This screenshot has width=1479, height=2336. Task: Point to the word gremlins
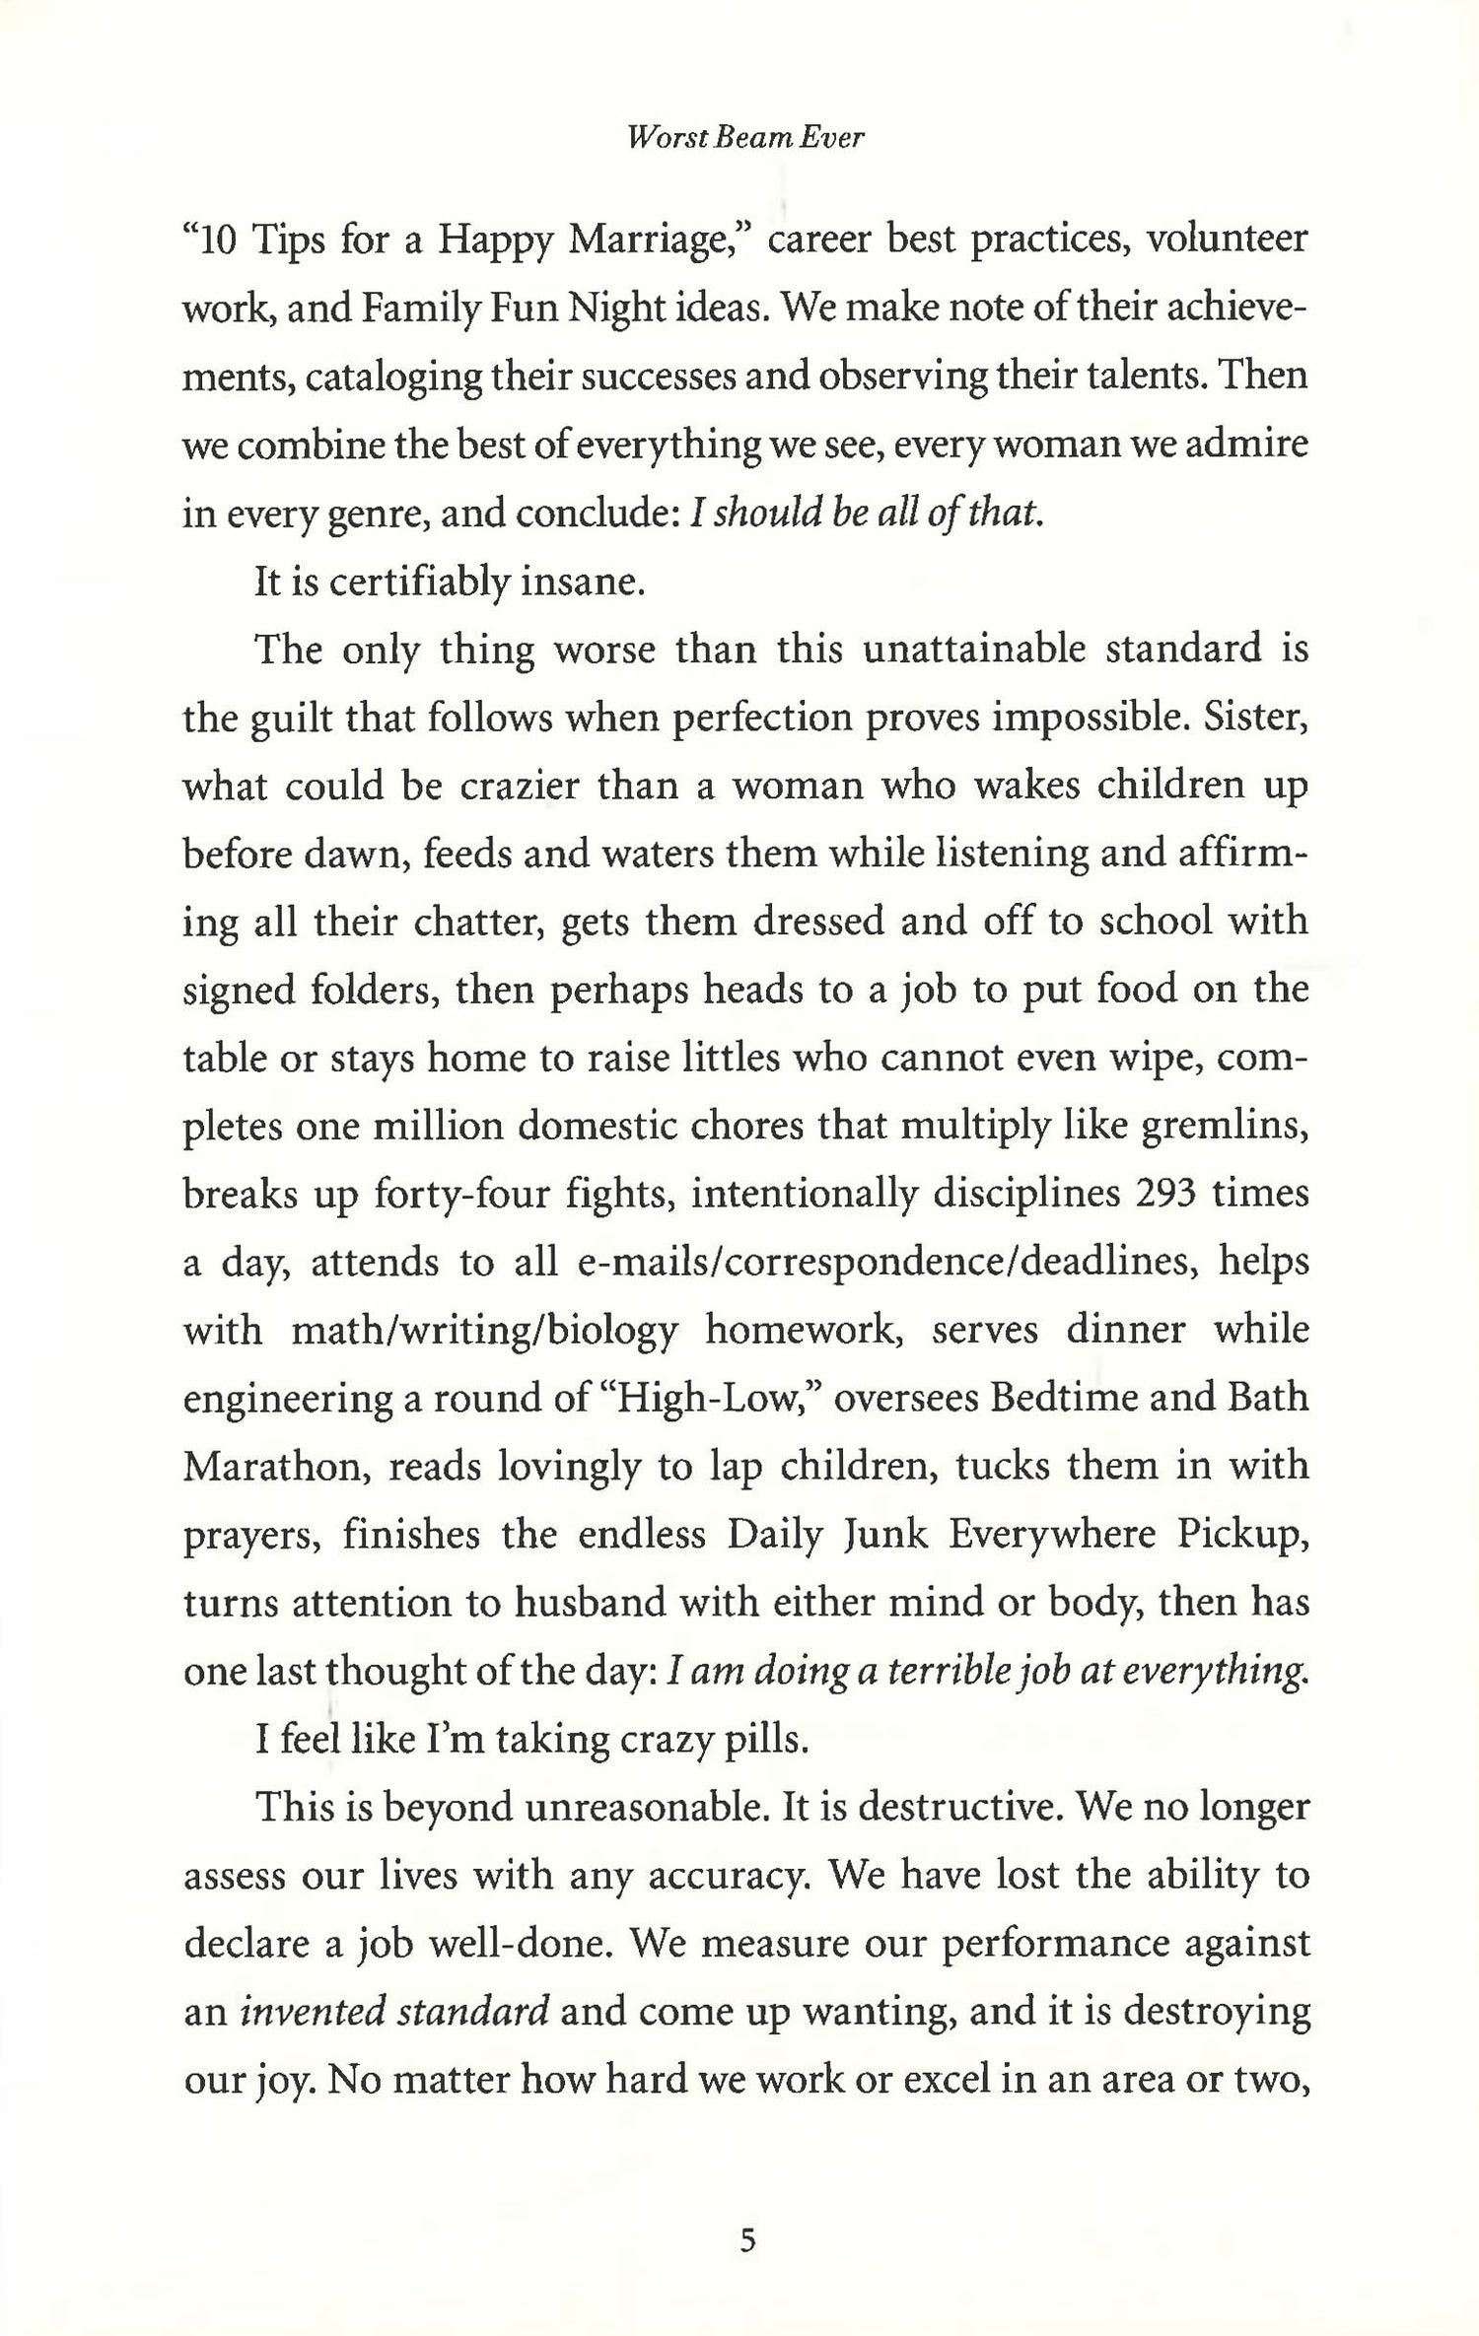[1224, 1127]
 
